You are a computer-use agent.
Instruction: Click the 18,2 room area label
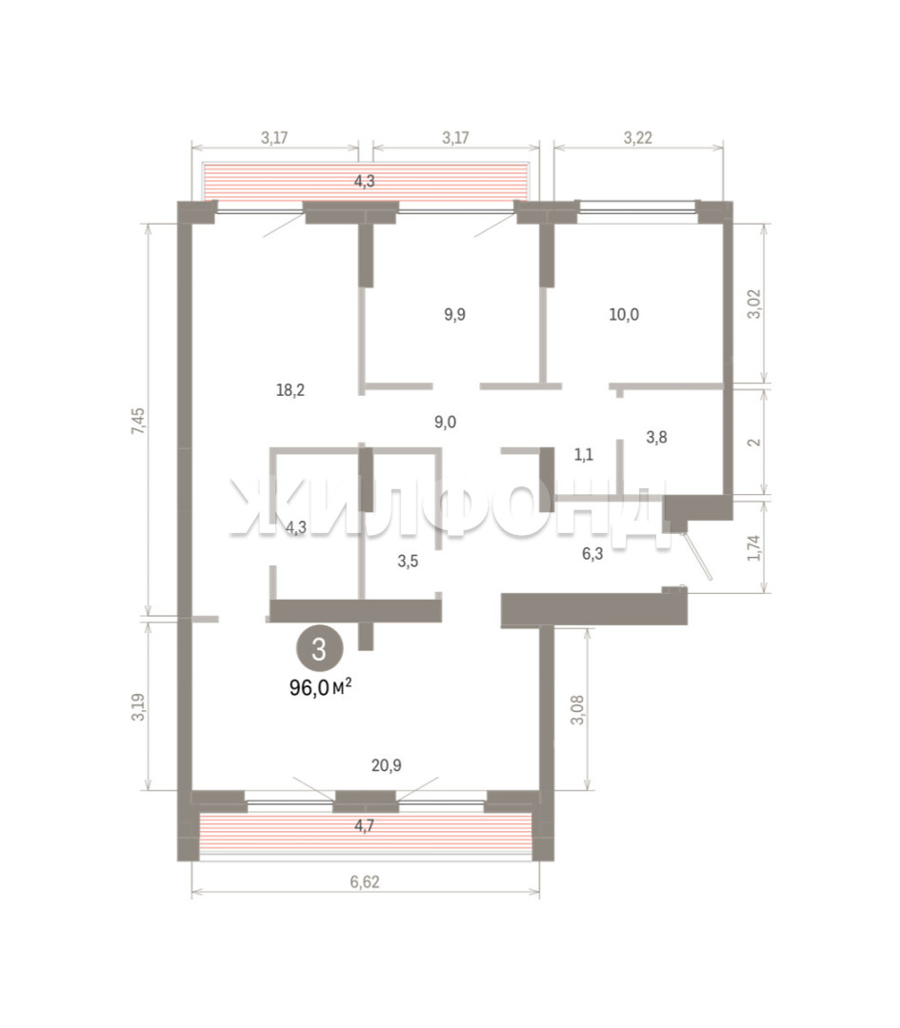point(290,391)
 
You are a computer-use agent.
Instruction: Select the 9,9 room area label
point(454,315)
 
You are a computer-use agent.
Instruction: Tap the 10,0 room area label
point(624,315)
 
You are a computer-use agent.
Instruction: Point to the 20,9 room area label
point(387,765)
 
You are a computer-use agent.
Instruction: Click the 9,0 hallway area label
point(446,423)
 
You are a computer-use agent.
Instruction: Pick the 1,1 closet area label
point(584,455)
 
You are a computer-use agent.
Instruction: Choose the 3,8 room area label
point(656,437)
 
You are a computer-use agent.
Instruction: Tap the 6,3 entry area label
point(592,554)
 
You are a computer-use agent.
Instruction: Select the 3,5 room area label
point(408,562)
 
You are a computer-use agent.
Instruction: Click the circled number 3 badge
point(319,649)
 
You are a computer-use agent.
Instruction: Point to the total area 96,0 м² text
point(321,688)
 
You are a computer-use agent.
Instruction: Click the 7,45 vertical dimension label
point(138,421)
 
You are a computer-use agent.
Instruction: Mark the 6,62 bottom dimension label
point(365,881)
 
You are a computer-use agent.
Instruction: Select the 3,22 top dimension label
point(638,138)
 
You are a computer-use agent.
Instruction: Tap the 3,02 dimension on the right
point(755,305)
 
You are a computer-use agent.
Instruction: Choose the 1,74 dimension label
point(755,548)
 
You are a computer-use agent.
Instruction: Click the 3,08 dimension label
point(577,710)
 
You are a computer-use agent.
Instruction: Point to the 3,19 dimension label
point(138,707)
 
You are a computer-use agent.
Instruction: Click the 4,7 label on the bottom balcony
point(365,826)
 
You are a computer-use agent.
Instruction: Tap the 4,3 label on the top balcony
point(365,182)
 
